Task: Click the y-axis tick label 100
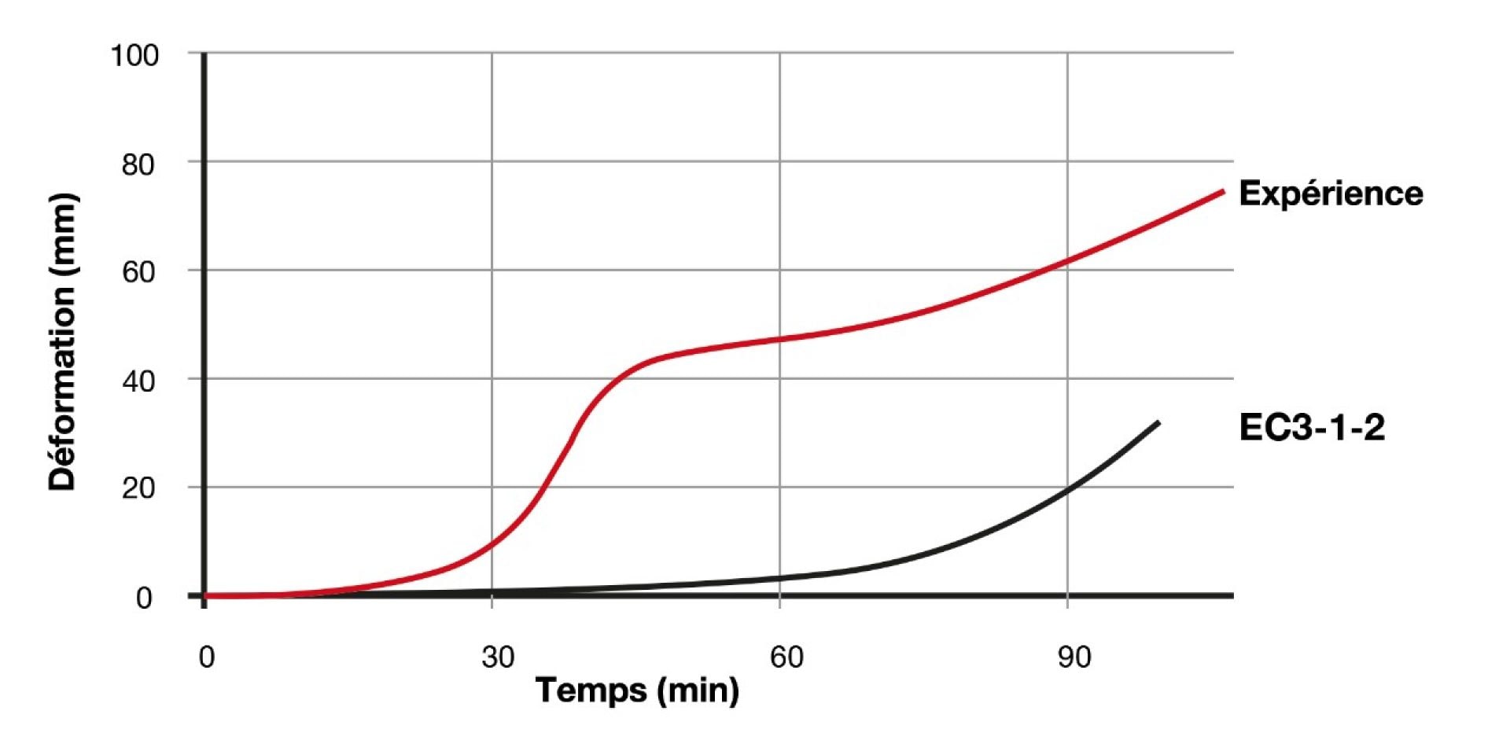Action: pyautogui.click(x=134, y=56)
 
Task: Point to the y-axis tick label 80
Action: pyautogui.click(x=138, y=165)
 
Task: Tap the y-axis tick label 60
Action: pyautogui.click(x=138, y=273)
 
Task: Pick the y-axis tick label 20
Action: pyautogui.click(x=138, y=489)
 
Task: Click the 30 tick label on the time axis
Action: pyautogui.click(x=498, y=657)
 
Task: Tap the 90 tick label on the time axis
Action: pyautogui.click(x=1074, y=657)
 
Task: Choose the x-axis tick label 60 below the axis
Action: pyautogui.click(x=786, y=657)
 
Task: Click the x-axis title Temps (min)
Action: pyautogui.click(x=637, y=691)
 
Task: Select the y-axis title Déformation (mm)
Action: pyautogui.click(x=63, y=342)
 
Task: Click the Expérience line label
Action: pyautogui.click(x=1331, y=193)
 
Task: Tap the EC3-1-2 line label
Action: pyautogui.click(x=1312, y=428)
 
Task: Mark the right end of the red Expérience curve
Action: pyautogui.click(x=1223, y=191)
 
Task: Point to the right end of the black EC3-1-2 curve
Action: pyautogui.click(x=1158, y=423)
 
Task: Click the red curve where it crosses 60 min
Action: pyautogui.click(x=779, y=339)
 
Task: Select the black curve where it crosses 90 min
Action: pyautogui.click(x=1067, y=490)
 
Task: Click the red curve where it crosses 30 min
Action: pyautogui.click(x=492, y=543)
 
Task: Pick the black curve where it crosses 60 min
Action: pyautogui.click(x=779, y=578)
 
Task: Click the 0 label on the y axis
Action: pyautogui.click(x=144, y=598)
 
